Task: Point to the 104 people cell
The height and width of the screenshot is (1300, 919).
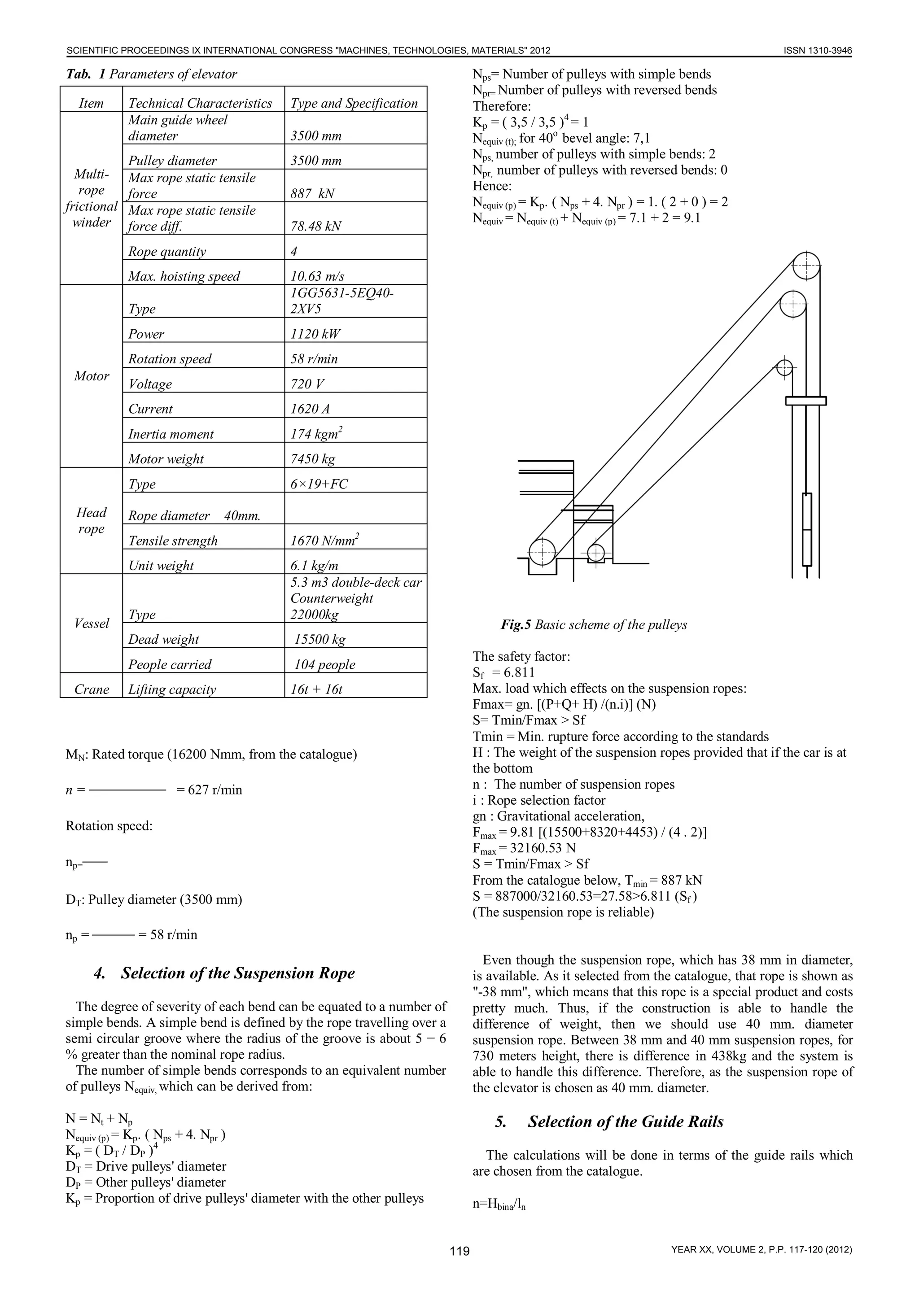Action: (x=325, y=664)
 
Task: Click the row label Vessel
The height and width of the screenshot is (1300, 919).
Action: (x=91, y=624)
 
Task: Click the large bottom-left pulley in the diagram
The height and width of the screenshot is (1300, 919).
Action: (x=542, y=551)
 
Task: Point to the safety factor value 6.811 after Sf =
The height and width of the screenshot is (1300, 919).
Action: (x=519, y=672)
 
